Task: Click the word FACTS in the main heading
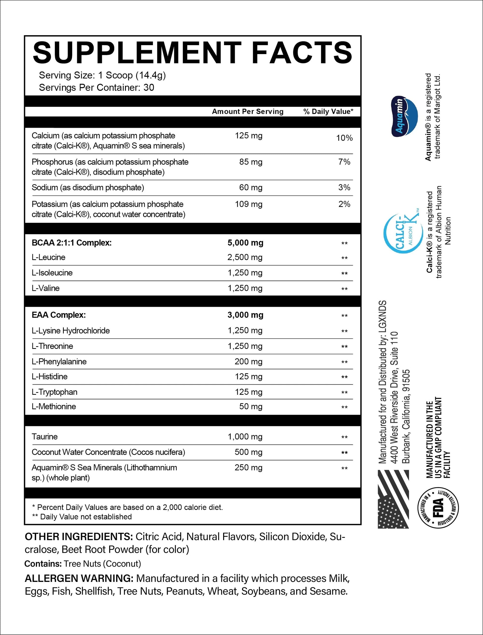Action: (302, 53)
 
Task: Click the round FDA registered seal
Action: (438, 508)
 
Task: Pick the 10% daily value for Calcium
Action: (344, 138)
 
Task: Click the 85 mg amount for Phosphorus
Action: (251, 162)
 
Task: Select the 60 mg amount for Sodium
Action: (251, 188)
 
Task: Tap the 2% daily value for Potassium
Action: (344, 204)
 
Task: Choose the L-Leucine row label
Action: (49, 257)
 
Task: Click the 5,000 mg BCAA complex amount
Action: (245, 243)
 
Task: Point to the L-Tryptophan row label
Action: (55, 392)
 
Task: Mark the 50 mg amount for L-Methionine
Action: (251, 406)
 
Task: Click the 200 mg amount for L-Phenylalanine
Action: (248, 361)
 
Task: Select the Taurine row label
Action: (45, 437)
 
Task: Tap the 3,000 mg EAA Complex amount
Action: (245, 315)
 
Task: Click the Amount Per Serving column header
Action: (247, 111)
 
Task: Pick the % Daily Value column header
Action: (328, 111)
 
